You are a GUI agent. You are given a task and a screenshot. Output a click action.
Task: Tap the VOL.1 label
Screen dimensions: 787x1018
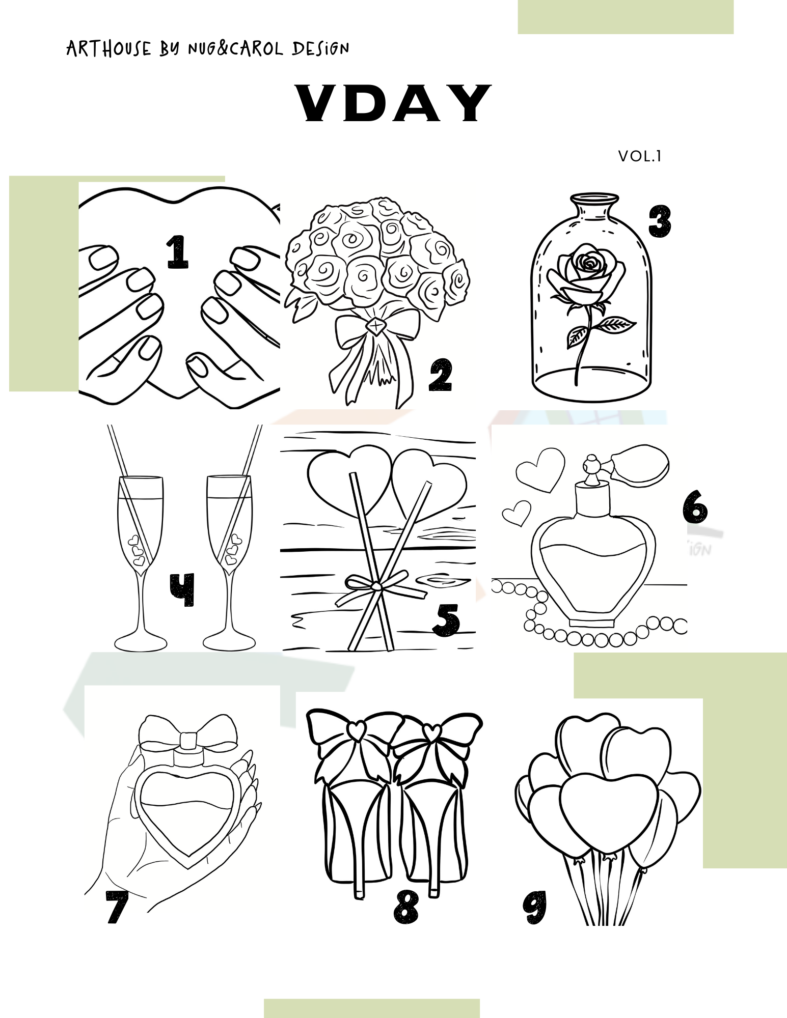640,156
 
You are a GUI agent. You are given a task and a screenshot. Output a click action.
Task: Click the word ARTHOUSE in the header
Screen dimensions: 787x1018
109,49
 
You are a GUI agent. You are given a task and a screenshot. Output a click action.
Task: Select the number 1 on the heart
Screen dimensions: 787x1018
177,251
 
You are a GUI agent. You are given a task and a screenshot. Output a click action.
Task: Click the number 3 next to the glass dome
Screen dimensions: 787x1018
660,221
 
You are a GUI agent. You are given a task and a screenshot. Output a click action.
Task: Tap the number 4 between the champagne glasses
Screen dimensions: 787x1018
182,590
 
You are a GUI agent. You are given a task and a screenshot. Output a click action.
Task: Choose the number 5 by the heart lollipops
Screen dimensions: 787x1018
446,620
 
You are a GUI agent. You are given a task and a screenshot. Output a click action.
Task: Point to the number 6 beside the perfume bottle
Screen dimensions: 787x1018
695,506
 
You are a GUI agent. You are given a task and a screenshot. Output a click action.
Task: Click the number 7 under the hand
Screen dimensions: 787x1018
117,907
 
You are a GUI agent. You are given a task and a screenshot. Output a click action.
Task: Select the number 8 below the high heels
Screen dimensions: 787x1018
406,907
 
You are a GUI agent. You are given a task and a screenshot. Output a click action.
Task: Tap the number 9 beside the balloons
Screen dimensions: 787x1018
534,907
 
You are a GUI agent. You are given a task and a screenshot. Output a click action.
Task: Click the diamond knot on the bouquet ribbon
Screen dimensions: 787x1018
375,324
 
